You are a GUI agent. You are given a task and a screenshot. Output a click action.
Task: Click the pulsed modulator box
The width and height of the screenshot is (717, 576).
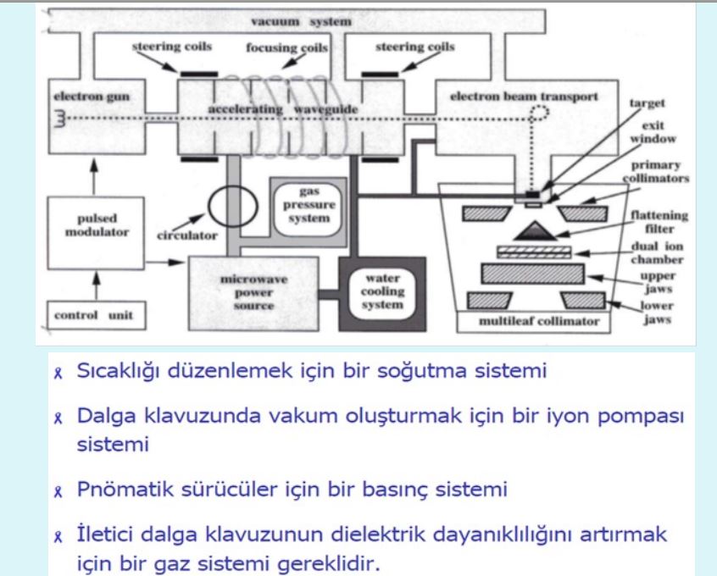[96, 233]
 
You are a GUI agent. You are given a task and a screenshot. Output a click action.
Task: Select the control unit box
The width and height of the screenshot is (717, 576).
[96, 315]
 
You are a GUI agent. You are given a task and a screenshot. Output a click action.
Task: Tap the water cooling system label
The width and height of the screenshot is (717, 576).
[382, 291]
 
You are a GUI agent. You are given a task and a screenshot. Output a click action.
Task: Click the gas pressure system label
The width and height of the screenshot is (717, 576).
[309, 205]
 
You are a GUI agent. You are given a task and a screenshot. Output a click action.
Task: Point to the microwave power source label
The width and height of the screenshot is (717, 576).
[253, 292]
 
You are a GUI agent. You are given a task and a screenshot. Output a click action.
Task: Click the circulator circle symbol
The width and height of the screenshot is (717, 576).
[233, 206]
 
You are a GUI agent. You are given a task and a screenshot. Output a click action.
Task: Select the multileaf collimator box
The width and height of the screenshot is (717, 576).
[534, 321]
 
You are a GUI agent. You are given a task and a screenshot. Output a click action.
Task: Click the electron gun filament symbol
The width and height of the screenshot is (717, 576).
[60, 119]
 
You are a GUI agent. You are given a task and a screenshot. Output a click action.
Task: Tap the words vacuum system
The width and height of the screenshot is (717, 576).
[302, 21]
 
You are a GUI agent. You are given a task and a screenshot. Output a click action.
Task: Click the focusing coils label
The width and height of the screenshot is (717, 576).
[286, 47]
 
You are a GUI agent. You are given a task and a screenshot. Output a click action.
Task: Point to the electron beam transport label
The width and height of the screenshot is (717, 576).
[524, 97]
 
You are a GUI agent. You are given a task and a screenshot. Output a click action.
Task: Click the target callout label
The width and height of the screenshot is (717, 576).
[647, 103]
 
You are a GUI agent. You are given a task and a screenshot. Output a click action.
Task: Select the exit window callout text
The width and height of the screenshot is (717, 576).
[653, 132]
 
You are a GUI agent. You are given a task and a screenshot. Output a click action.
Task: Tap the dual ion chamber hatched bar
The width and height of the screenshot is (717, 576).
[534, 252]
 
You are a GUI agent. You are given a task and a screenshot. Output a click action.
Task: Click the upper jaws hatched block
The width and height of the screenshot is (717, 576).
[533, 274]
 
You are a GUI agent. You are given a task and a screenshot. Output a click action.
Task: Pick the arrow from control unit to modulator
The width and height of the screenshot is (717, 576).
[96, 285]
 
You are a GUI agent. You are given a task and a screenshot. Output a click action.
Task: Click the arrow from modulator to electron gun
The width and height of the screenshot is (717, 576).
[94, 177]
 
